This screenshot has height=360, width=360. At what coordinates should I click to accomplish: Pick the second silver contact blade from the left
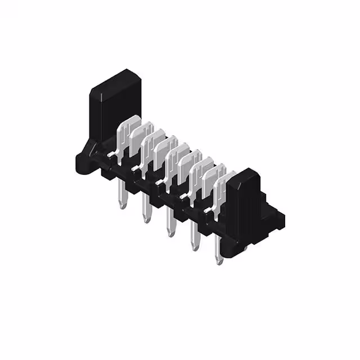point(140,135)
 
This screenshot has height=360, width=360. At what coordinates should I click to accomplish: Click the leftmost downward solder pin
point(123,197)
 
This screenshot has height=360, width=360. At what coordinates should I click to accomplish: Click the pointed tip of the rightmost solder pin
point(218,261)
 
